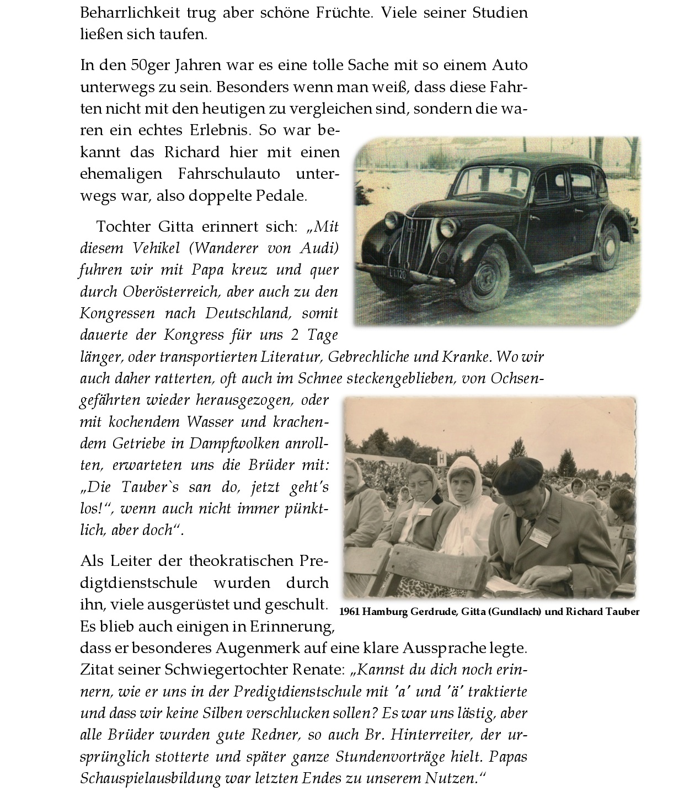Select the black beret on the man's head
click(518, 475)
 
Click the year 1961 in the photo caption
click(350, 612)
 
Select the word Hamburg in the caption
click(386, 612)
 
